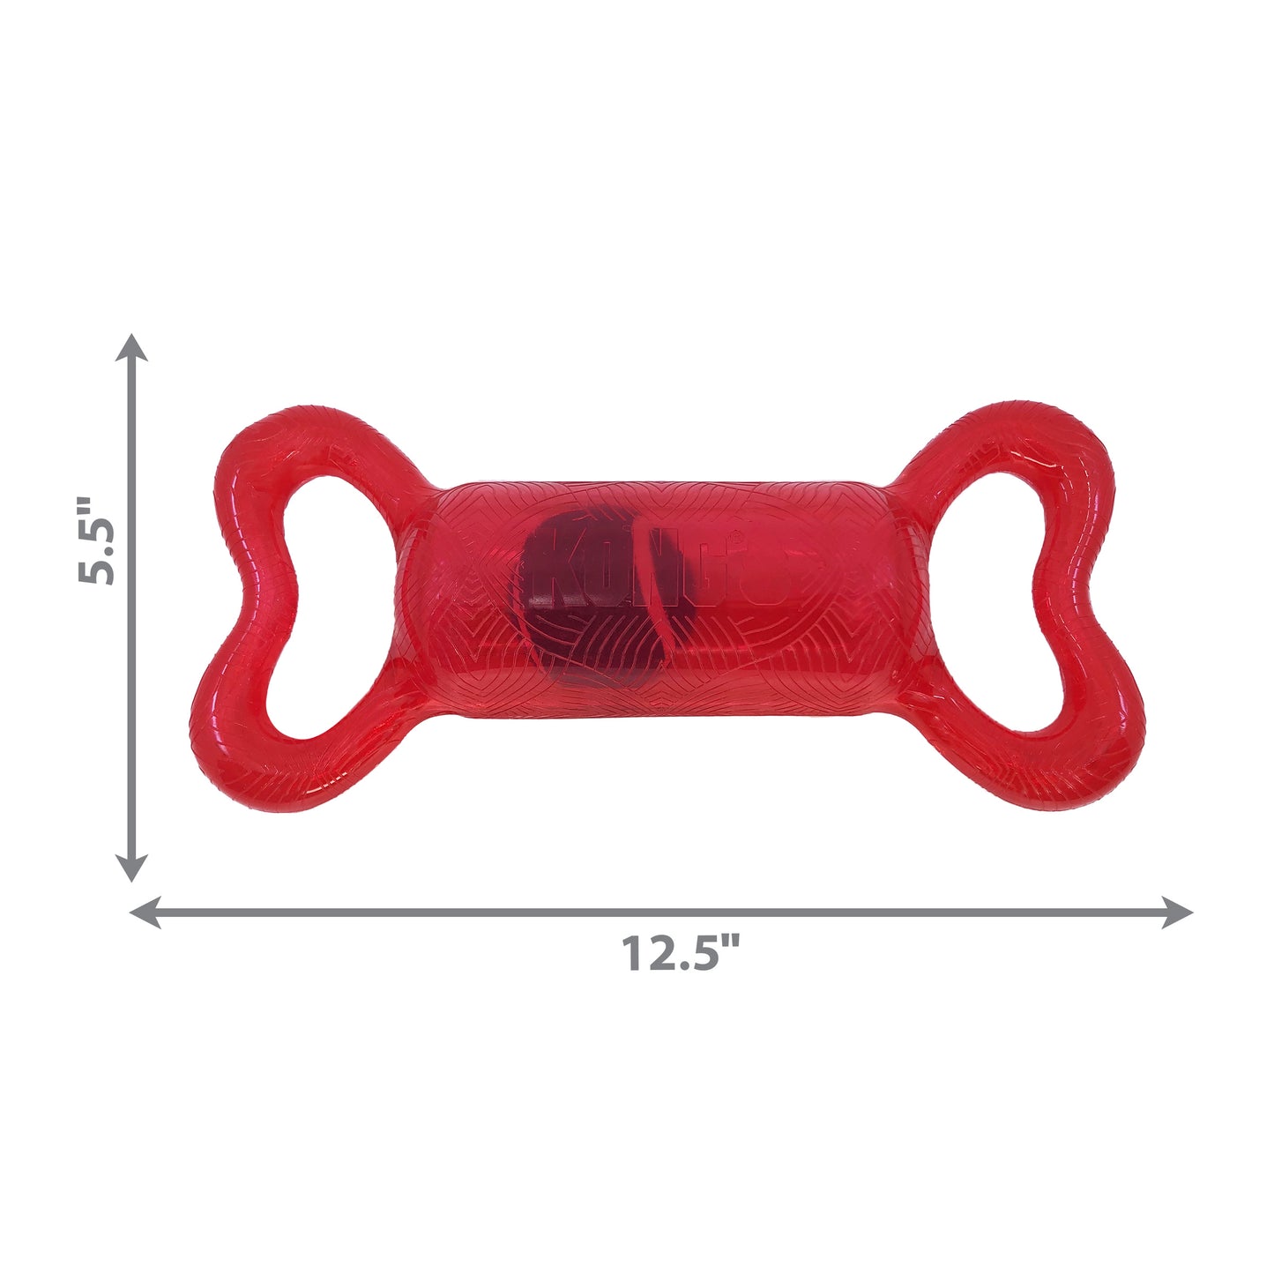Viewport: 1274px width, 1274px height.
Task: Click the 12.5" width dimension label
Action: [681, 953]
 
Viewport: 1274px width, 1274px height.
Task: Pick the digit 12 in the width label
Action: [645, 953]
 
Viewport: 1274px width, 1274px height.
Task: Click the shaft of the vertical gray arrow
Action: [133, 705]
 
